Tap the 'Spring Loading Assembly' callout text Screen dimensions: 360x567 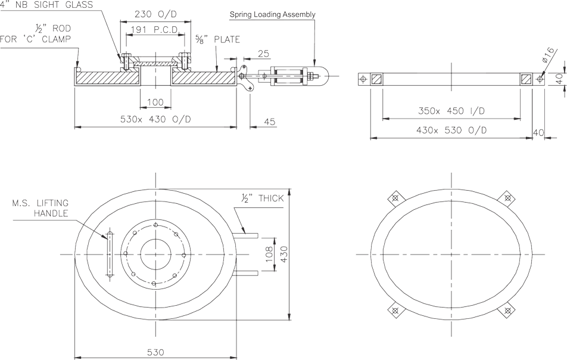(x=272, y=13)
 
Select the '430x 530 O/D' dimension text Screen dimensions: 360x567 (x=451, y=129)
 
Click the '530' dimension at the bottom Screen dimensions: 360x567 (x=155, y=352)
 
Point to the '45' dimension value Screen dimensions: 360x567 (x=269, y=122)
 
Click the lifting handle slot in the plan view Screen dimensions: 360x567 (x=109, y=255)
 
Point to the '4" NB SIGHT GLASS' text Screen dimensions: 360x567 (x=46, y=5)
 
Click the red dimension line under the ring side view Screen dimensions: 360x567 (x=451, y=137)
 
